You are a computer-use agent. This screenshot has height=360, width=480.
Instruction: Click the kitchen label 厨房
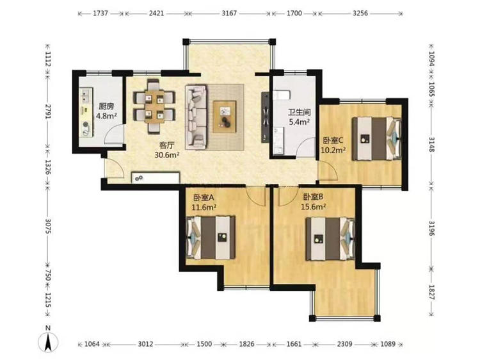(106, 106)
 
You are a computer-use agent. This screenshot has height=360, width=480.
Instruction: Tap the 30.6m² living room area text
(167, 155)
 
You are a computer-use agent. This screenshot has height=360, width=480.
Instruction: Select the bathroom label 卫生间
(300, 113)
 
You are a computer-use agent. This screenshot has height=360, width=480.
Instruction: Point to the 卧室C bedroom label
(333, 141)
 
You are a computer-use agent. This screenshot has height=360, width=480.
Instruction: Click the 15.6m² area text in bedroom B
(313, 207)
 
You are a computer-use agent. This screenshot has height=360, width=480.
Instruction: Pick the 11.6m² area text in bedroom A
(204, 208)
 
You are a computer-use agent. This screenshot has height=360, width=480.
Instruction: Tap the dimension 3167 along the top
(229, 13)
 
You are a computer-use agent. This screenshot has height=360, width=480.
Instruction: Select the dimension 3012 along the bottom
(145, 344)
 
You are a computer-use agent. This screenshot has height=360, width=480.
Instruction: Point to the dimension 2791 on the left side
(48, 112)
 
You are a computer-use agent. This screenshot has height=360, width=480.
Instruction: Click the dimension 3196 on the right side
(431, 228)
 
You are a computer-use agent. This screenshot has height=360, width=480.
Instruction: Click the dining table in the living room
(154, 106)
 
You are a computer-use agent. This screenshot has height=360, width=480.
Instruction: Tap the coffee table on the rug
(225, 117)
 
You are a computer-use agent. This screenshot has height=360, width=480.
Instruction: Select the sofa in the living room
(196, 117)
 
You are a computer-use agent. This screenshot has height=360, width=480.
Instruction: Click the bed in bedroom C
(376, 139)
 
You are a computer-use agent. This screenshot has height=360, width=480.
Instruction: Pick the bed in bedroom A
(211, 238)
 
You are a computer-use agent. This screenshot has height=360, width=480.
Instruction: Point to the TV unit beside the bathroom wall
(265, 117)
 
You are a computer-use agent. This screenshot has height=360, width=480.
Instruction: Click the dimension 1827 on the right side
(431, 293)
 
